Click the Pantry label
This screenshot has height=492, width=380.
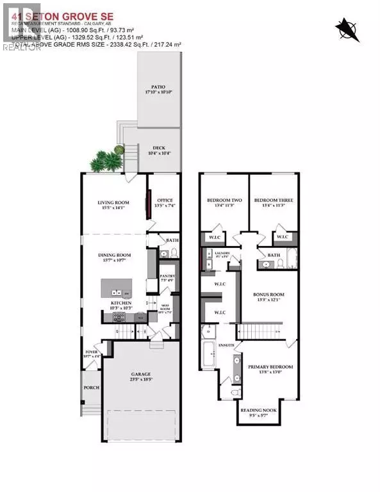[167, 277]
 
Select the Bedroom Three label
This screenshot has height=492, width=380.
[273, 201]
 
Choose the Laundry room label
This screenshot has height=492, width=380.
[221, 254]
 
